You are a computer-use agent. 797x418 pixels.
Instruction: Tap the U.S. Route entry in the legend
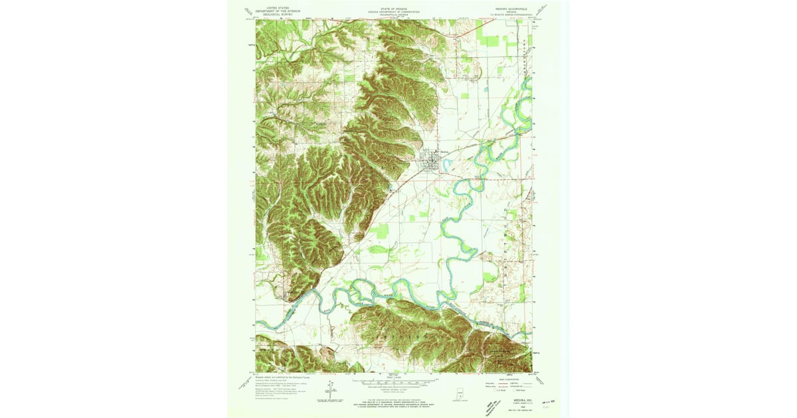[x=488, y=392]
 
